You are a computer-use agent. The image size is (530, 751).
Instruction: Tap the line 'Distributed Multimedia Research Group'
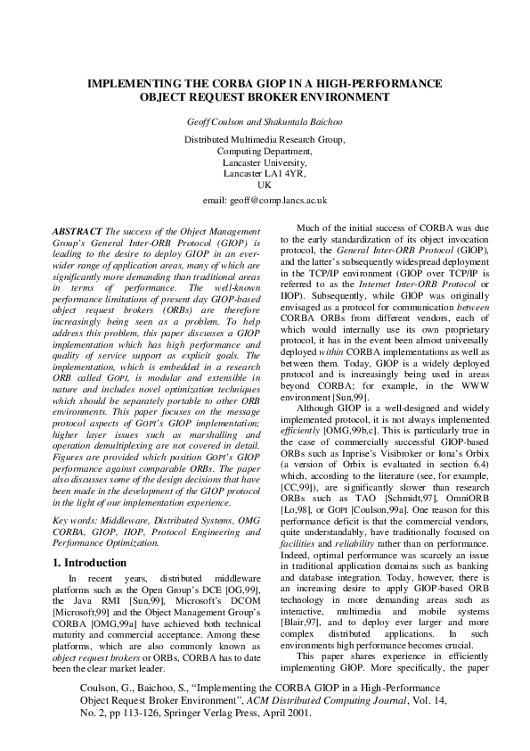click(x=265, y=140)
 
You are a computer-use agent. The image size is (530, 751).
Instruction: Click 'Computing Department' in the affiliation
click(x=265, y=152)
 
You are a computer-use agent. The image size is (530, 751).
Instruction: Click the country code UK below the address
click(x=265, y=185)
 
